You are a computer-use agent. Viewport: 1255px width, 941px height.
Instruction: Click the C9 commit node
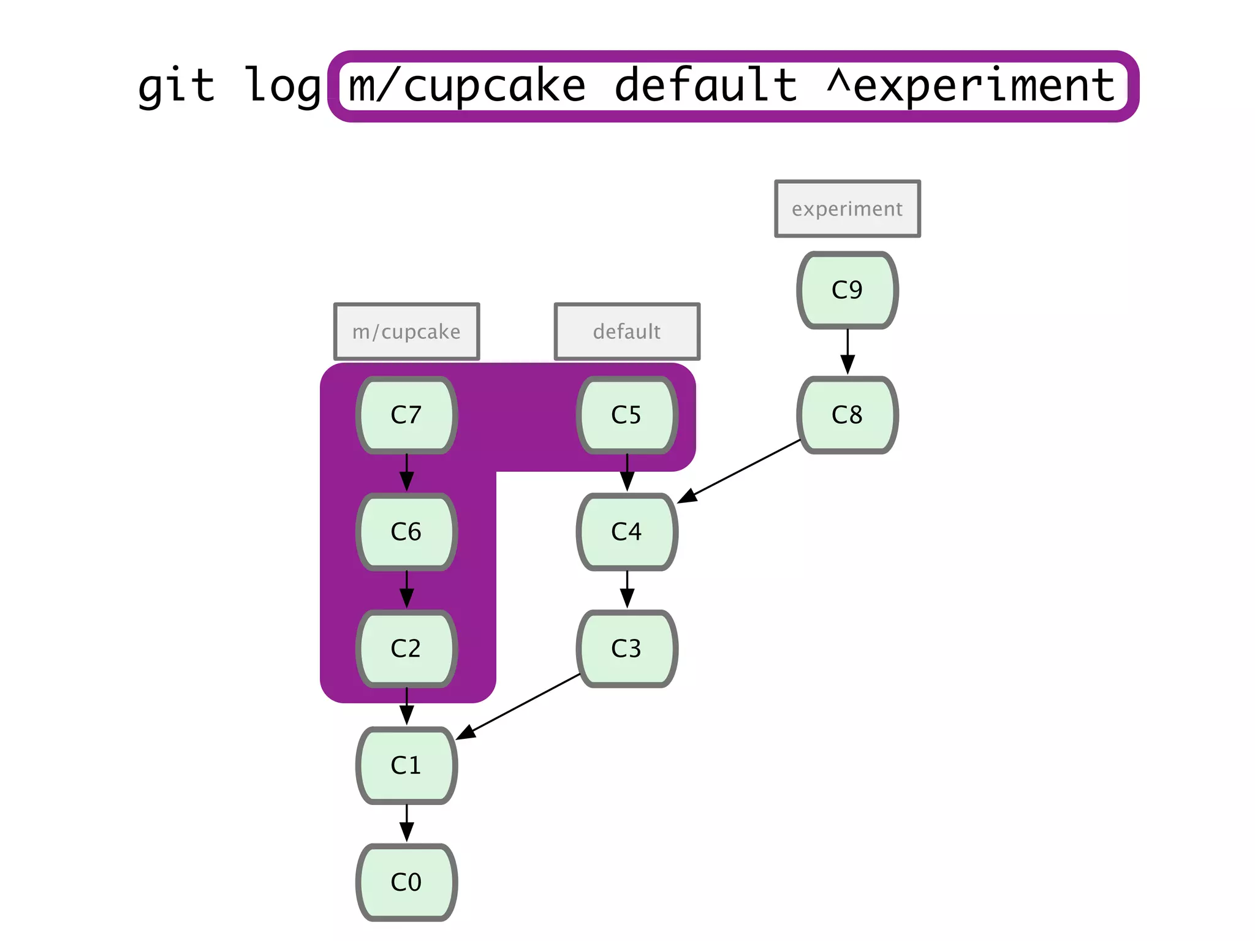coord(847,290)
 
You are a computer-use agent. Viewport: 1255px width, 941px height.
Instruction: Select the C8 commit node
coord(847,415)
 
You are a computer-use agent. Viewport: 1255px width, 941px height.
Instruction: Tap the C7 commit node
coord(406,415)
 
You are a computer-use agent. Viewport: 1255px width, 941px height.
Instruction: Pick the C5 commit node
coord(626,415)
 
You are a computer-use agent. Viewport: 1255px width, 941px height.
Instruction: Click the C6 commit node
coord(406,532)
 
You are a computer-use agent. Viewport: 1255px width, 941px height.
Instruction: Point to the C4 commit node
coord(626,532)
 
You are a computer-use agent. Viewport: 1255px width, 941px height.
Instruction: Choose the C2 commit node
coord(406,649)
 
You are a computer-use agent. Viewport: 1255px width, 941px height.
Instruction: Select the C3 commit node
coord(626,649)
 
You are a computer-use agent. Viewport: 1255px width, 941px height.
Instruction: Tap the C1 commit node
coord(406,765)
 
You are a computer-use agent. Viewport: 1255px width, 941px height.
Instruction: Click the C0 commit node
coord(406,882)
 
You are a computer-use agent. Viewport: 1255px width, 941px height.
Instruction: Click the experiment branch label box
coord(847,209)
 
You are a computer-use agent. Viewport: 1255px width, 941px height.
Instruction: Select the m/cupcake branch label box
coord(406,331)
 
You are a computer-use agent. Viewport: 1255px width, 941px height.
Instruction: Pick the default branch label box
coord(626,331)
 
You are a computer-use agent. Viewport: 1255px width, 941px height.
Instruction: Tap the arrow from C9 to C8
coord(847,352)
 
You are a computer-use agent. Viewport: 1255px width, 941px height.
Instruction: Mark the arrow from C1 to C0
coord(406,823)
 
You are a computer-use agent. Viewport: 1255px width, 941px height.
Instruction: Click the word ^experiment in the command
coord(971,86)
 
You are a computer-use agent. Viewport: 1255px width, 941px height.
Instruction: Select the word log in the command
coord(282,86)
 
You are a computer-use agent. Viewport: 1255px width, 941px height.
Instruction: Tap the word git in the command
coord(176,86)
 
